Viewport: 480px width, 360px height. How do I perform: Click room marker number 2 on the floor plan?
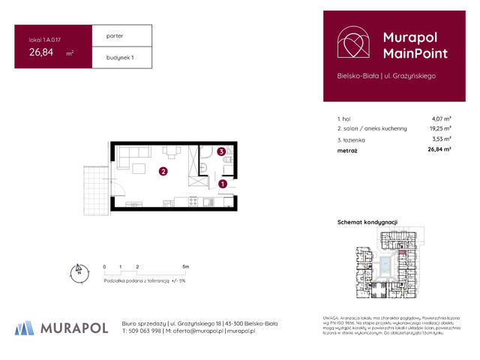163,172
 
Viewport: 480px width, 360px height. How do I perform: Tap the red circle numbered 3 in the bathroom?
221,152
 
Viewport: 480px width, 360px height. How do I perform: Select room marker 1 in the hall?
222,184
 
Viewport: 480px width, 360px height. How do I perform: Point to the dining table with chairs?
172,152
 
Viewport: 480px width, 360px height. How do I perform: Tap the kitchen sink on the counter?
210,201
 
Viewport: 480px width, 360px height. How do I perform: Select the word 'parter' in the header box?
115,35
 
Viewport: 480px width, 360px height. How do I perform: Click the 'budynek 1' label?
120,57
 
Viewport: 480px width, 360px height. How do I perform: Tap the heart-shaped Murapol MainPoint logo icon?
352,43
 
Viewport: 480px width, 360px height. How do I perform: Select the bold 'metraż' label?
347,150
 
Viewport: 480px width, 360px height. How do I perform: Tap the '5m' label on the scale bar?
185,266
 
